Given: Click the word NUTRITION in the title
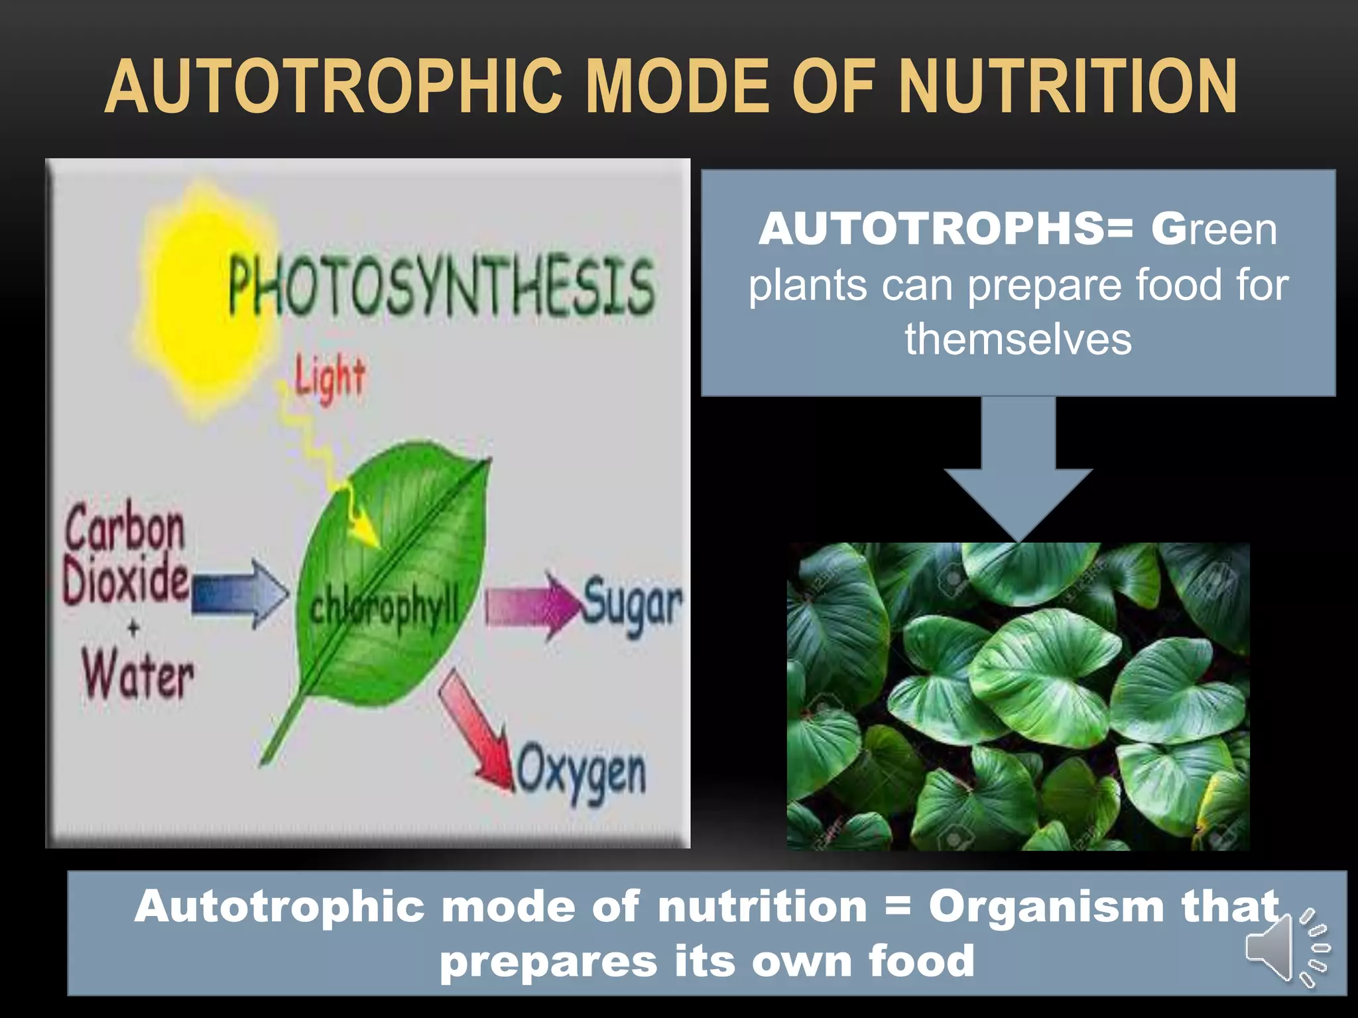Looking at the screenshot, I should (1068, 87).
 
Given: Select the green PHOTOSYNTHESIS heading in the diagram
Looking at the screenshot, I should (441, 286).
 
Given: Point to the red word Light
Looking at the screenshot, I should (330, 378).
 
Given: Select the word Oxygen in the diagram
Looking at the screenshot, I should (581, 773).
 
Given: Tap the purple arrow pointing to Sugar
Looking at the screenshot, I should (530, 605).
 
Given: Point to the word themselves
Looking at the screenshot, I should (1018, 339).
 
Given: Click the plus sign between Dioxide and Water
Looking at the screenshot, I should (133, 627).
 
